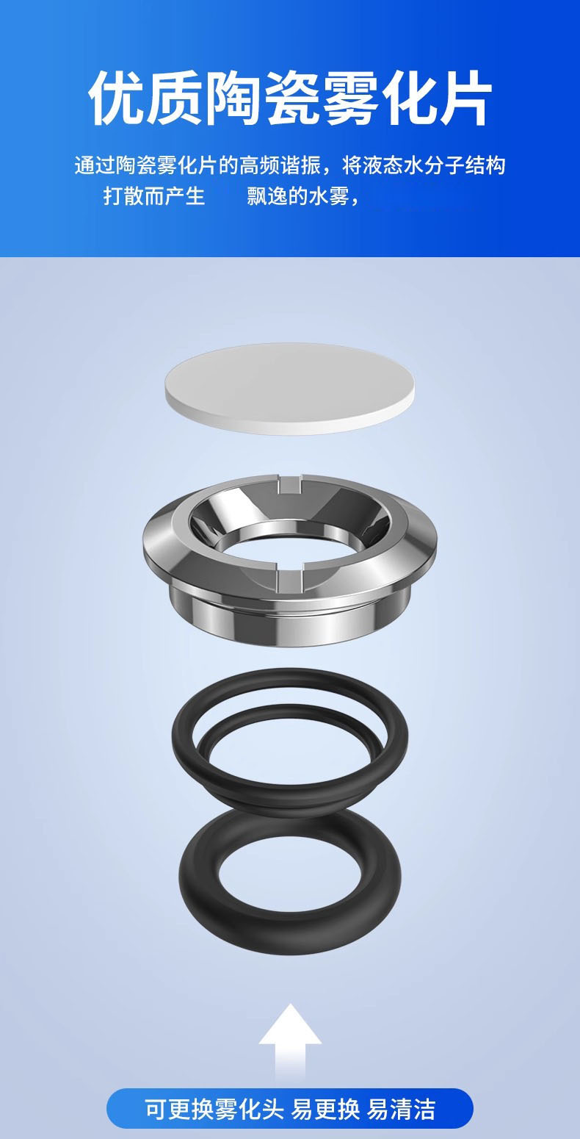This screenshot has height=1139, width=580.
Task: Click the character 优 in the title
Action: coord(117,98)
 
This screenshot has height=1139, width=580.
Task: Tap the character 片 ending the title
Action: coord(463,98)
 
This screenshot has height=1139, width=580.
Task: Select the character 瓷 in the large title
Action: coord(291,98)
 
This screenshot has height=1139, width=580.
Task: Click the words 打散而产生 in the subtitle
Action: coord(154,195)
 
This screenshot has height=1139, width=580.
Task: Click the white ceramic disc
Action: coord(289,389)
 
